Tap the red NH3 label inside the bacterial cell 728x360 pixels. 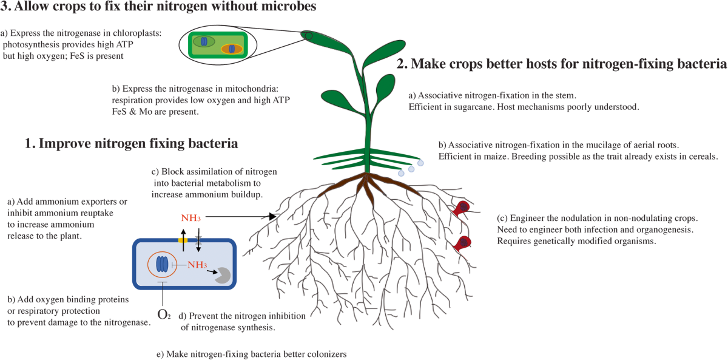pyautogui.click(x=198, y=265)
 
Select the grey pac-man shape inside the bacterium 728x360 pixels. pyautogui.click(x=221, y=275)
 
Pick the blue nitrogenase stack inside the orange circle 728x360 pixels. pyautogui.click(x=162, y=264)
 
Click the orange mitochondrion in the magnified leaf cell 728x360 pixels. pyautogui.click(x=231, y=49)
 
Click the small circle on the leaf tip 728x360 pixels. pyautogui.click(x=309, y=36)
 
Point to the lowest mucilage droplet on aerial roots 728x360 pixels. pyautogui.click(x=401, y=174)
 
